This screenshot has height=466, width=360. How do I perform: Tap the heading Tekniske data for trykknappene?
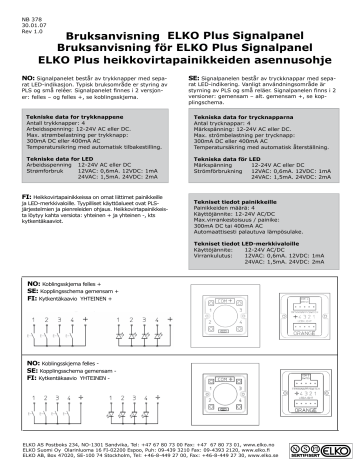[x=73, y=118]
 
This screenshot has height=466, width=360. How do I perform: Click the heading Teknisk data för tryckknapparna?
[x=242, y=118]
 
